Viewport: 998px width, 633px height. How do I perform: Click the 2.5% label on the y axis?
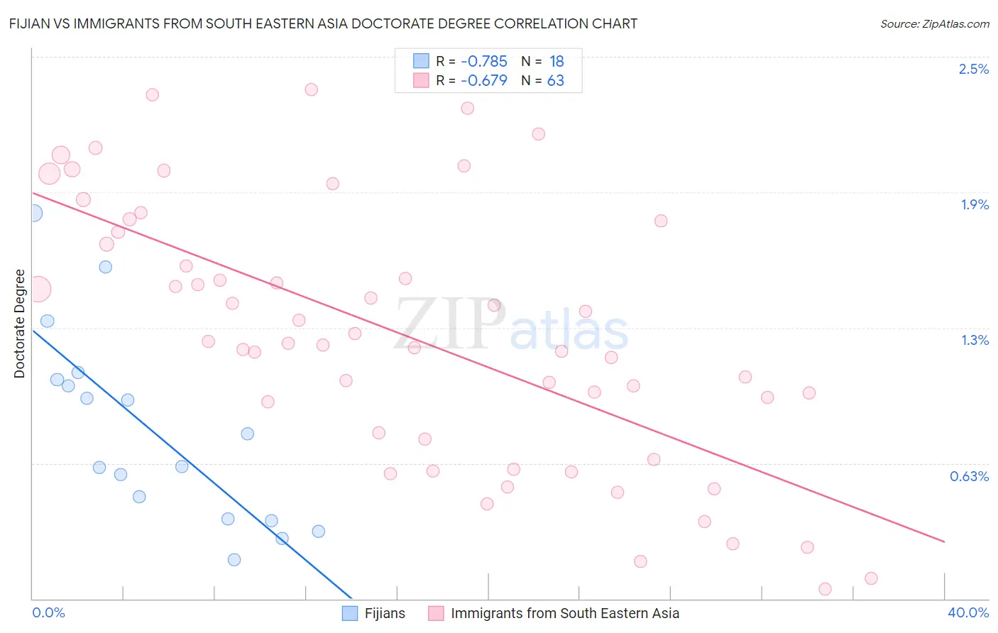pos(973,69)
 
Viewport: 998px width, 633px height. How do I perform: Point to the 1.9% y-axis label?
pos(975,204)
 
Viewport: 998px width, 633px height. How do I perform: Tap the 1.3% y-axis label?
pos(975,340)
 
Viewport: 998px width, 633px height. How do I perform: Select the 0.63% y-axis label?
pos(969,476)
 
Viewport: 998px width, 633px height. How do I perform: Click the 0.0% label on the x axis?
pos(48,612)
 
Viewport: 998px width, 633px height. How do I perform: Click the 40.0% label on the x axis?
pos(967,612)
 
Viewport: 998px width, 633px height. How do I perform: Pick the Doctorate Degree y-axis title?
pos(19,324)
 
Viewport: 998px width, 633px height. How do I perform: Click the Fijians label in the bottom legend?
pos(385,613)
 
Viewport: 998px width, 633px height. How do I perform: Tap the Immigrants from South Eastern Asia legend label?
pos(564,613)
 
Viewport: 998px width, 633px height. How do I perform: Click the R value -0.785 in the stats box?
pos(483,61)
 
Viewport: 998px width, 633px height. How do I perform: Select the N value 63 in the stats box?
pos(555,80)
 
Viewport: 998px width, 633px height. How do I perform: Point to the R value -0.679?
pos(483,80)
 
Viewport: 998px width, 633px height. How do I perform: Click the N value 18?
pos(556,61)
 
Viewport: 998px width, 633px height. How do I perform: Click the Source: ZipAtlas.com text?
pos(934,23)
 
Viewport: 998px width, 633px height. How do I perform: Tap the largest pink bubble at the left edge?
pos(38,290)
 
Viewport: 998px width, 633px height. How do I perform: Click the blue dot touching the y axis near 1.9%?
pos(33,213)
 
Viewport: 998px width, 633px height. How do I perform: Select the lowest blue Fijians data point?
pos(234,560)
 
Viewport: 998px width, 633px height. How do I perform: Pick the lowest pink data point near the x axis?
pos(825,589)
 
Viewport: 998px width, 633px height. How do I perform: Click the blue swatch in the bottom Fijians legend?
pos(350,613)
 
